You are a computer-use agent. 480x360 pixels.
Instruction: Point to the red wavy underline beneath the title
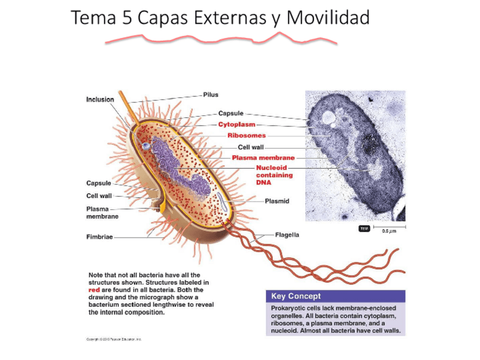coord(221,38)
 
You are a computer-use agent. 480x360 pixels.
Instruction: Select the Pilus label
coord(211,95)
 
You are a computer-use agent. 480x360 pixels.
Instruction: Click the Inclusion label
coord(100,100)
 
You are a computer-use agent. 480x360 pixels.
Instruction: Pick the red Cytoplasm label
coord(237,124)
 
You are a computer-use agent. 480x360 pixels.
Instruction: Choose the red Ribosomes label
coord(246,135)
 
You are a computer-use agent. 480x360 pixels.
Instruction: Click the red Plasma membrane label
coord(263,157)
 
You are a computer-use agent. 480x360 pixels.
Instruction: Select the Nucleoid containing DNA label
coord(273,175)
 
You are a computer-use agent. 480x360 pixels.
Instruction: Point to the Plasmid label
coord(277,201)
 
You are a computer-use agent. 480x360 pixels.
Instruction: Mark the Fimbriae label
coord(99,237)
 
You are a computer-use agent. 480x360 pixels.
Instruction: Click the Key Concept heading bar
coord(335,296)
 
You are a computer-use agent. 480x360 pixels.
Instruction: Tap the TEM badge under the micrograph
coord(364,228)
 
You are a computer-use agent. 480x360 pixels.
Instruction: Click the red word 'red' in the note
coord(95,289)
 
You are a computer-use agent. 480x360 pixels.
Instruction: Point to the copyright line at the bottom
coord(114,339)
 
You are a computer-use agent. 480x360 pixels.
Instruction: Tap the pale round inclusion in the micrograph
coord(328,117)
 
